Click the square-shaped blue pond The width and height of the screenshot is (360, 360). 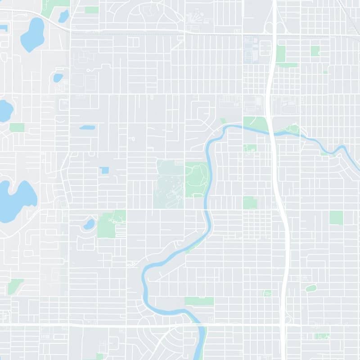coord(104,170)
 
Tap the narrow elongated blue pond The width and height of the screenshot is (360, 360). coord(87,127)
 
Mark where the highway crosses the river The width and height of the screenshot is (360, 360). coord(272,131)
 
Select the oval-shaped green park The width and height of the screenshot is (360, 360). coord(311,288)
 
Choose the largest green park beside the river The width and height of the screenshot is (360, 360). coord(196,179)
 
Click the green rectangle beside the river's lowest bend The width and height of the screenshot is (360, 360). coord(199,301)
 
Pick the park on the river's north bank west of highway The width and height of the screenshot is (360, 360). coord(255,122)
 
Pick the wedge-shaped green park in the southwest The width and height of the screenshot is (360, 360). coord(14,286)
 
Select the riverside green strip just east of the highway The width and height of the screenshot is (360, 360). coord(288,131)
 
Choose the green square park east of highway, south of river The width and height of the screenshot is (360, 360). coord(336,217)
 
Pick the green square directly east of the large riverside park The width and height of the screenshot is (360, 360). coord(250,202)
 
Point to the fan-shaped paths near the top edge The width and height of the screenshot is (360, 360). coord(195,18)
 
